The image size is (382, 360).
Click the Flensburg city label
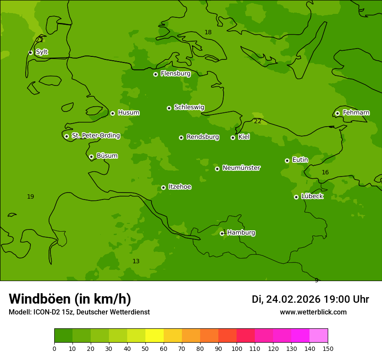(175, 74)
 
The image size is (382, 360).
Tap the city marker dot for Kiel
(233, 137)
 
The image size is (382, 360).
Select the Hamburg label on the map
(241, 233)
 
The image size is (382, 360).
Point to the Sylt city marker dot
(30, 52)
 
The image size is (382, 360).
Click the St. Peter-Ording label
(95, 136)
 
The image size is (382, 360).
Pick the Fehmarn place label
(356, 113)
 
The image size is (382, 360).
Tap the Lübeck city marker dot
(296, 197)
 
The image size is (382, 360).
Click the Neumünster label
(241, 168)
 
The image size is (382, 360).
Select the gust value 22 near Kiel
(258, 121)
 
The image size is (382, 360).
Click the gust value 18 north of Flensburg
(208, 33)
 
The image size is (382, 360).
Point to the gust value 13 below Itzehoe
(136, 262)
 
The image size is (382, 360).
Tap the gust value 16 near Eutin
(325, 173)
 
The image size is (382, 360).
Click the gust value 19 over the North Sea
(30, 197)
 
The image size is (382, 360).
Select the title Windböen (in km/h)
(70, 299)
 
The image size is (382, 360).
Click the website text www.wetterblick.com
(313, 312)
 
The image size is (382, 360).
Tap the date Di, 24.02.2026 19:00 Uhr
(310, 299)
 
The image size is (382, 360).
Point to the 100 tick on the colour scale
(237, 348)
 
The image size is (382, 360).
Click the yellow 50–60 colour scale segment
(155, 336)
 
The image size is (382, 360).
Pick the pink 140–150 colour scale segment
(319, 336)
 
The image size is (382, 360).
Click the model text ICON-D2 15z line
(79, 312)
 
